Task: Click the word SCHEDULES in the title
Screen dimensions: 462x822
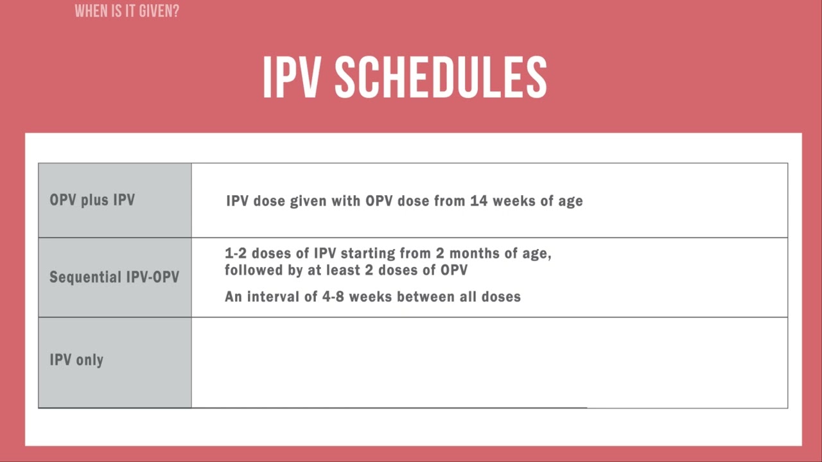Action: [441, 78]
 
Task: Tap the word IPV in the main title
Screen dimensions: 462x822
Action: [292, 78]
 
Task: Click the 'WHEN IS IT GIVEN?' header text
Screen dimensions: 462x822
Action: [127, 11]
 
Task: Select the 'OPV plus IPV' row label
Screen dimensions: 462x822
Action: [92, 200]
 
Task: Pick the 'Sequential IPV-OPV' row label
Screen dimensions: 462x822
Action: [114, 278]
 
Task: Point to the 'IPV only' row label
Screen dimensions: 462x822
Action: [76, 360]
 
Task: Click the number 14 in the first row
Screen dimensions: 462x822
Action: [480, 201]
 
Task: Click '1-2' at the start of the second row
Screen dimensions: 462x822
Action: [237, 253]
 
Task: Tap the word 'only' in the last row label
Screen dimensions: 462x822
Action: [89, 360]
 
